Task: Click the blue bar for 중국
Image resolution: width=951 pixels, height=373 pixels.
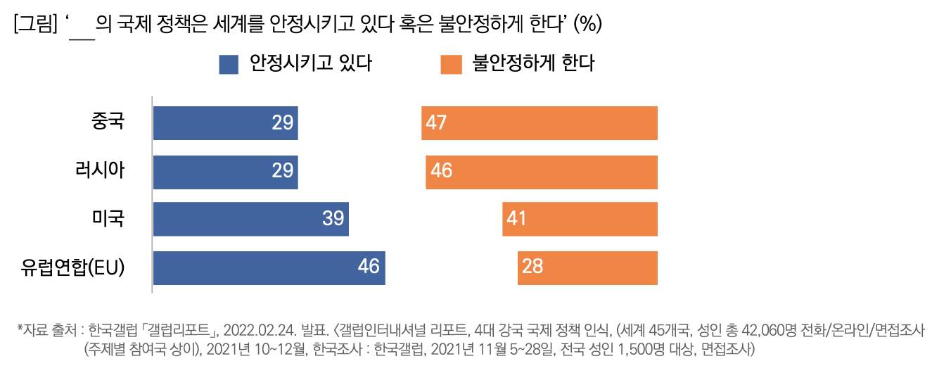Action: click(x=225, y=123)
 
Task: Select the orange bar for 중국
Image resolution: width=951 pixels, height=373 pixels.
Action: click(x=540, y=123)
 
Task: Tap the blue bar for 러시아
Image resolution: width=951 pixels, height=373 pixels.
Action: click(x=225, y=172)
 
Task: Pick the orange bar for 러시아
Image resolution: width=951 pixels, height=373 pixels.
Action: click(x=542, y=172)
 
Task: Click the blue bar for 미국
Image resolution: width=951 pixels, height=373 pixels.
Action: click(x=250, y=219)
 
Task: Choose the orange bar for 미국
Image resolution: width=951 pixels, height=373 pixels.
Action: click(x=580, y=219)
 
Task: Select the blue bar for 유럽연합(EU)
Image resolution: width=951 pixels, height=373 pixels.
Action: click(x=269, y=267)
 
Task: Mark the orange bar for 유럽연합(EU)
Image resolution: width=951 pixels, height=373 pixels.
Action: click(x=587, y=267)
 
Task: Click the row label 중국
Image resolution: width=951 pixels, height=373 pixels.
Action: click(x=108, y=121)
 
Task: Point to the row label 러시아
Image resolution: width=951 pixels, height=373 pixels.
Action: click(x=100, y=170)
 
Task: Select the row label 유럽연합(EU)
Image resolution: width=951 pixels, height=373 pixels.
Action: click(x=72, y=267)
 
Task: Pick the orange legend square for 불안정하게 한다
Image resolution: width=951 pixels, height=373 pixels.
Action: click(x=451, y=65)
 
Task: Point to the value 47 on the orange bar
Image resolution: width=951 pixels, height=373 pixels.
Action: click(x=436, y=123)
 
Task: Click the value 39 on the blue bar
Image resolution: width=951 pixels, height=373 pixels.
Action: click(x=333, y=219)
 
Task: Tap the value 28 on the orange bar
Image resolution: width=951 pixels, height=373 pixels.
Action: click(x=532, y=267)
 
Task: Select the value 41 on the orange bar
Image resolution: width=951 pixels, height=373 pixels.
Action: click(x=516, y=219)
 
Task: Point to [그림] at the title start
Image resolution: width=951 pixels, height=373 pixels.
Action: click(x=34, y=24)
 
